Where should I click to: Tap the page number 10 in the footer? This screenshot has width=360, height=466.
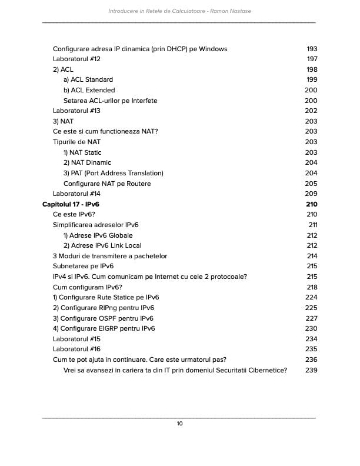click(x=179, y=423)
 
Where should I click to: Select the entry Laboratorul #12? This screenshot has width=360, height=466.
click(x=76, y=59)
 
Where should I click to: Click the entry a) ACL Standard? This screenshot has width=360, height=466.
click(x=88, y=79)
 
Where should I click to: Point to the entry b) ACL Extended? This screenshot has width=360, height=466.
click(x=89, y=90)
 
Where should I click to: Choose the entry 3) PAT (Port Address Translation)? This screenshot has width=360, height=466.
click(x=113, y=173)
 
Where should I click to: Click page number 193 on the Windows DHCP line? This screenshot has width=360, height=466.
click(x=312, y=49)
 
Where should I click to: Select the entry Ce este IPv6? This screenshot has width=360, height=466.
click(x=74, y=214)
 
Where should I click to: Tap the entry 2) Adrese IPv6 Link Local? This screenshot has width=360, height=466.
click(x=102, y=245)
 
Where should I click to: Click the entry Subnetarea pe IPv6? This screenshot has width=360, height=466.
click(x=83, y=267)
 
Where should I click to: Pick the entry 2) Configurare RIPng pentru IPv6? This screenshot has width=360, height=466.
click(x=104, y=308)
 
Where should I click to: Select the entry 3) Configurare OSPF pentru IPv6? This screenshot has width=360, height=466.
click(x=104, y=318)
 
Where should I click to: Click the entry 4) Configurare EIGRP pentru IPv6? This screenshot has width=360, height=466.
click(x=104, y=328)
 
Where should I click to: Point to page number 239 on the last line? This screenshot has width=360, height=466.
click(x=312, y=370)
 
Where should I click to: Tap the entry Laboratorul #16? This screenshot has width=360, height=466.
click(x=76, y=349)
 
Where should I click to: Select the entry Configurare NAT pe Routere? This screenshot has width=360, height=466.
click(x=106, y=184)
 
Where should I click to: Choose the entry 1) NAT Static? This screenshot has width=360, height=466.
click(x=82, y=152)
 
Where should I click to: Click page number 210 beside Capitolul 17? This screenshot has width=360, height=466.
click(x=312, y=204)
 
